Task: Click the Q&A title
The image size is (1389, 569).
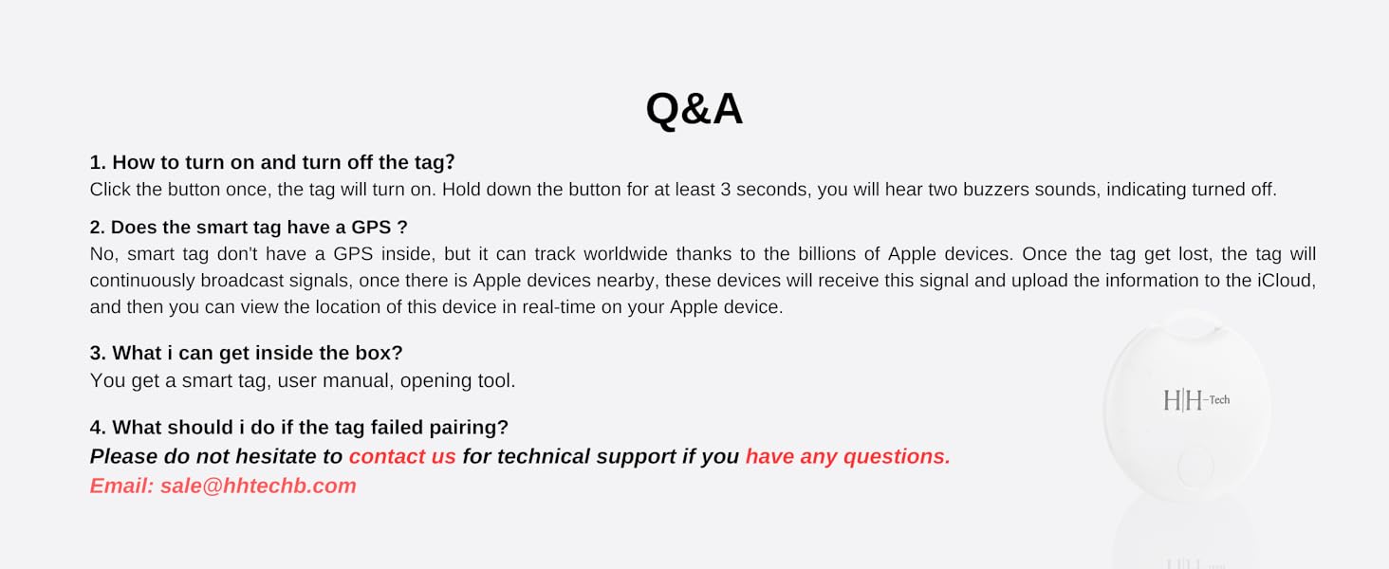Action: coord(694,109)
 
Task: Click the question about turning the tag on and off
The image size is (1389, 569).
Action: coord(272,162)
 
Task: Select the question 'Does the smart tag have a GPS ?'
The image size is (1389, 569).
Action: coord(249,228)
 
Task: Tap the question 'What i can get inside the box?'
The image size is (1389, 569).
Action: coord(246,353)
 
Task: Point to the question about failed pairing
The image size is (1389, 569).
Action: coord(299,427)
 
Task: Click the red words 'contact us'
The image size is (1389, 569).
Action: coord(402,456)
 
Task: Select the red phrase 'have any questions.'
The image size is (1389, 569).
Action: coord(847,456)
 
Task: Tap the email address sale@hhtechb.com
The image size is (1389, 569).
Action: coord(259,486)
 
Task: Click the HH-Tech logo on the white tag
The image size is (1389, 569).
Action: coord(1196,400)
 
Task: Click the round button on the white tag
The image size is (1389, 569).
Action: coord(1195,468)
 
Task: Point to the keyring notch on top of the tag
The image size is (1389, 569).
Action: coord(1192,326)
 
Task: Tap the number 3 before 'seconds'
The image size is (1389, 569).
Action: coord(726,190)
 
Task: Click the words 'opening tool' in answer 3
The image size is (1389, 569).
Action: coord(457,380)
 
